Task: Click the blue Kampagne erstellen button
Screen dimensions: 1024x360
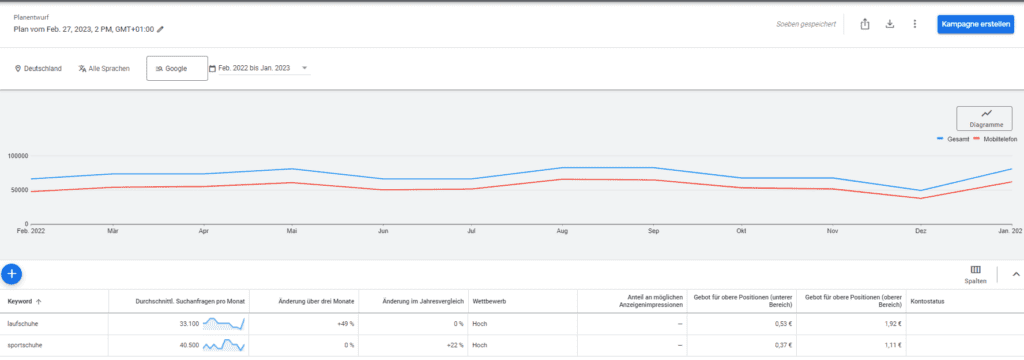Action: click(975, 24)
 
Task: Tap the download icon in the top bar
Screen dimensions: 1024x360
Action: click(889, 24)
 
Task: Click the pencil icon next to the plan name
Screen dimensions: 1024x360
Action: click(160, 29)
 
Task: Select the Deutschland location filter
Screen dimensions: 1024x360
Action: click(38, 68)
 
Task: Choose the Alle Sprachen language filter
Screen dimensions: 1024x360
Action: click(104, 68)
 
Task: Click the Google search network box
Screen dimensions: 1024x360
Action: click(177, 68)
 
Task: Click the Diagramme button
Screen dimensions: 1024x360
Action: click(984, 118)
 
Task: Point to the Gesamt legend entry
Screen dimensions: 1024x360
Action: click(953, 140)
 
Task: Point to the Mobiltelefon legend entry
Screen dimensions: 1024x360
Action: click(995, 140)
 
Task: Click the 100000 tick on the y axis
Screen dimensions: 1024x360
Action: click(18, 156)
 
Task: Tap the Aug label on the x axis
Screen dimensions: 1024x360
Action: click(561, 231)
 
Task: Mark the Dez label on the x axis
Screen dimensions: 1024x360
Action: click(920, 231)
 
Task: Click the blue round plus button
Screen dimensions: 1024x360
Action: click(12, 274)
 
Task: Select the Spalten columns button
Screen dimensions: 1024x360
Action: click(976, 274)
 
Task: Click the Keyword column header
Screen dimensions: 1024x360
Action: click(20, 302)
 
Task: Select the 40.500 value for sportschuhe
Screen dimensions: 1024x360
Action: click(188, 346)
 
